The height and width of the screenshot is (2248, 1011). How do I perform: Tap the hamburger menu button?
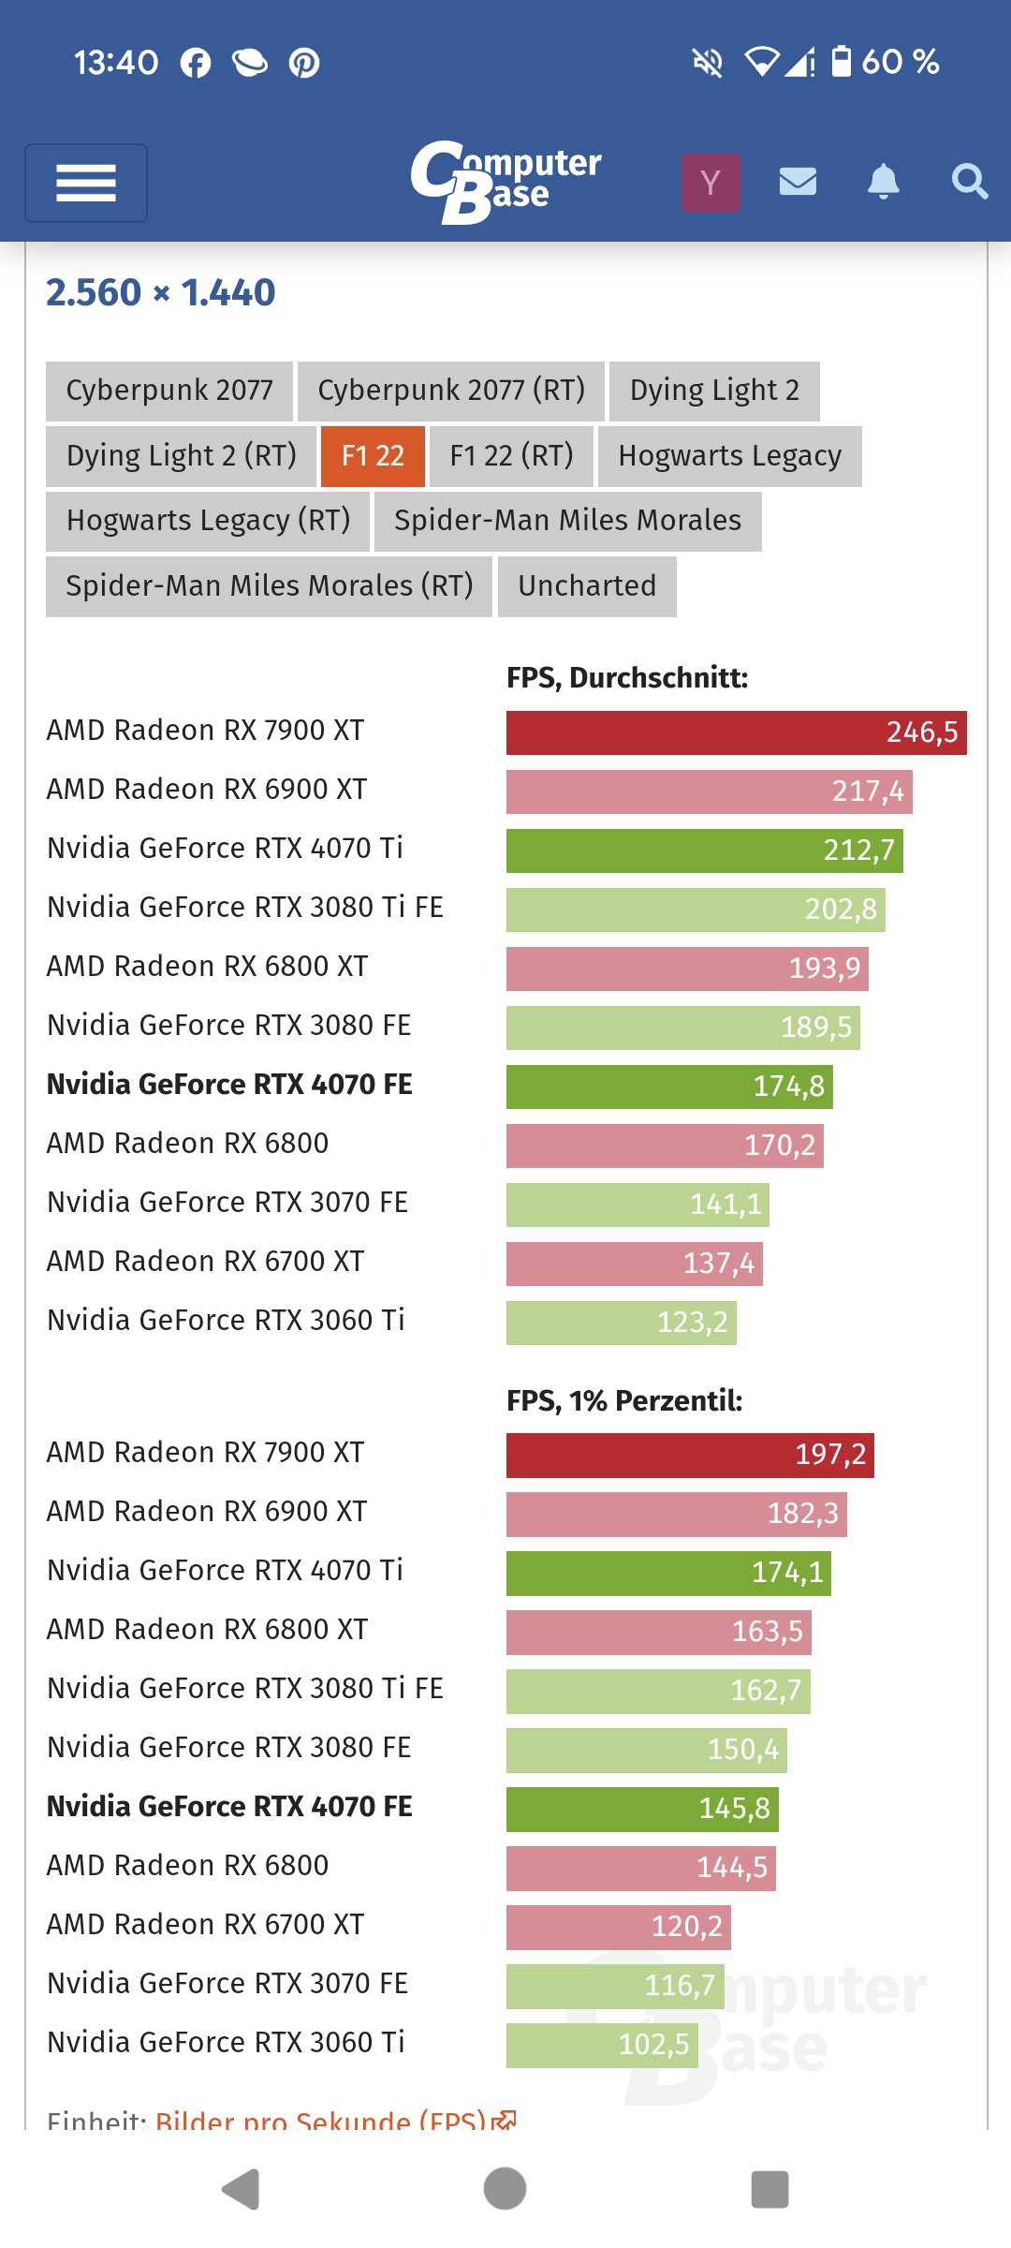(x=86, y=183)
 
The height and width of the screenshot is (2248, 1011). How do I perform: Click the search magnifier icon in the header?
(x=969, y=181)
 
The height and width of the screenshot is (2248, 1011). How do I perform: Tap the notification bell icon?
(x=883, y=181)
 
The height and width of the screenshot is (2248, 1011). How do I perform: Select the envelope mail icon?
(x=798, y=181)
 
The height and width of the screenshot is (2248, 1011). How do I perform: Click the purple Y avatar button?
(x=711, y=183)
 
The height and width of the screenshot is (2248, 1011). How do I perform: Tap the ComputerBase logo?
(x=505, y=182)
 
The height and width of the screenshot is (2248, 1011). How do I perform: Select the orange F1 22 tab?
(x=373, y=456)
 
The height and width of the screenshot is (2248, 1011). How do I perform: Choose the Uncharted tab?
(x=587, y=586)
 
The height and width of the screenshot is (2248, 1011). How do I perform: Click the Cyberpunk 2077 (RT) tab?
(x=451, y=391)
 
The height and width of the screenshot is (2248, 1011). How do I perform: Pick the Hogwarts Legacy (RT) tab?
(x=208, y=521)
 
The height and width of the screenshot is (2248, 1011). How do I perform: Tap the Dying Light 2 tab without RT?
(x=714, y=391)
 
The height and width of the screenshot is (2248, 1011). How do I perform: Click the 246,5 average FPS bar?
(x=736, y=732)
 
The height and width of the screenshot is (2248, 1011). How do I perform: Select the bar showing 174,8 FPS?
(x=669, y=1087)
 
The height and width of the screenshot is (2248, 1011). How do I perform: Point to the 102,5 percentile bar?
(x=602, y=2045)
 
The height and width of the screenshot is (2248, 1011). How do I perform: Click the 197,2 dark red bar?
(x=690, y=1455)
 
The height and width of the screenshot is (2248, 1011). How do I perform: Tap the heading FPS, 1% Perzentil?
(x=624, y=1401)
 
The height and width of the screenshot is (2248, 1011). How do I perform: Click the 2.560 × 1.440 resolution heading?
(x=161, y=293)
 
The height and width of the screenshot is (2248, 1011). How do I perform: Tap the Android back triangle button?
(x=241, y=2189)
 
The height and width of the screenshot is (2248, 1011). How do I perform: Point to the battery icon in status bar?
(x=842, y=62)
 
